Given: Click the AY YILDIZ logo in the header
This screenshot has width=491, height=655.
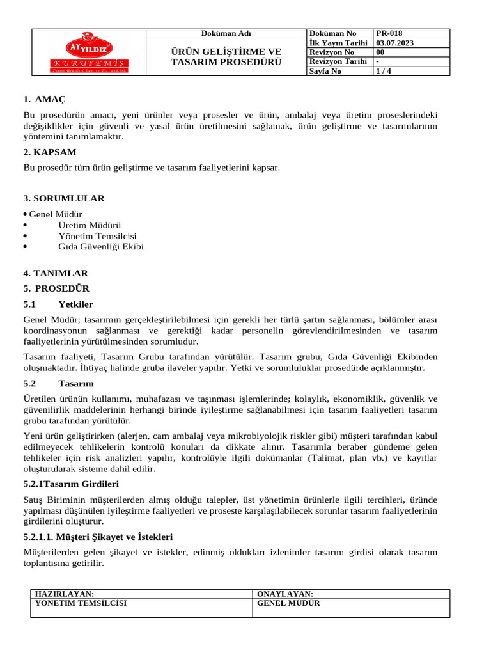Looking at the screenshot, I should pyautogui.click(x=90, y=52).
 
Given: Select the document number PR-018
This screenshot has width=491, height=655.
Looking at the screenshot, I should pyautogui.click(x=389, y=33).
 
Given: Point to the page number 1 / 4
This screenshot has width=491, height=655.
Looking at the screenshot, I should pyautogui.click(x=385, y=71).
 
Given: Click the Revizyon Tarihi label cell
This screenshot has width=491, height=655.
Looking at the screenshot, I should pyautogui.click(x=338, y=61).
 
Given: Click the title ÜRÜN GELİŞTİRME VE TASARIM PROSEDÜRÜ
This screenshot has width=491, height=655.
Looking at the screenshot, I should pyautogui.click(x=226, y=57).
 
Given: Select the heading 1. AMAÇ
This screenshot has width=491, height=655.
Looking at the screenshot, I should pyautogui.click(x=44, y=99).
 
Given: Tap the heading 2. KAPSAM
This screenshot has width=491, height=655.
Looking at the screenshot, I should pyautogui.click(x=50, y=152).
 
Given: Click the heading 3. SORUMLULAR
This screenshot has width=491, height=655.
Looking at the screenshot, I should pyautogui.click(x=64, y=198).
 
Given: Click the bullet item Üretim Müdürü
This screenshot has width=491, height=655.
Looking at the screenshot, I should pyautogui.click(x=90, y=225).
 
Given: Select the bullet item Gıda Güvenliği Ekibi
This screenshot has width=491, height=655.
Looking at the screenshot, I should pyautogui.click(x=101, y=246).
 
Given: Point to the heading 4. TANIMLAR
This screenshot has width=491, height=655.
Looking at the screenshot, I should pyautogui.click(x=56, y=273).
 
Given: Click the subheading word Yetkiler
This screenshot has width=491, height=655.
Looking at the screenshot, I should pyautogui.click(x=75, y=304).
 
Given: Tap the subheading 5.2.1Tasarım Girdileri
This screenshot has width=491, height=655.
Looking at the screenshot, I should pyautogui.click(x=71, y=484).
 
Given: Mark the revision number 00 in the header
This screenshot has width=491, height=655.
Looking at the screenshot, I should pyautogui.click(x=380, y=52).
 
